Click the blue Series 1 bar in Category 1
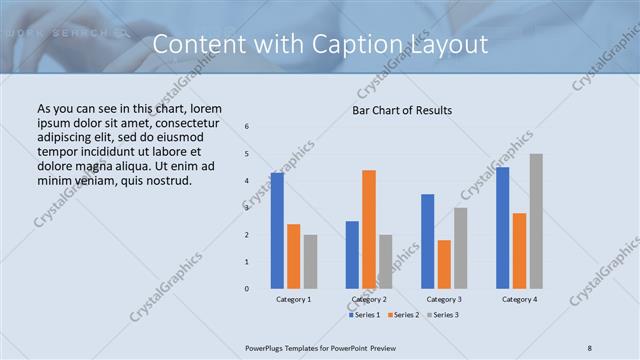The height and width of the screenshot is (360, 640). tap(277, 230)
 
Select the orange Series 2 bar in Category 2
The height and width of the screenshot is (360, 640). tap(369, 229)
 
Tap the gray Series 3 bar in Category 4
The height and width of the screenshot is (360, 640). tap(536, 221)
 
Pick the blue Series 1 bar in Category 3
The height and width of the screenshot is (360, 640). tap(428, 241)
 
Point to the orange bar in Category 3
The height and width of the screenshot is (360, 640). tap(444, 264)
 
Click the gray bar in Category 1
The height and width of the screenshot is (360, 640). tap(310, 261)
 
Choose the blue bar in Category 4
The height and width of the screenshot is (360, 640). tap(503, 227)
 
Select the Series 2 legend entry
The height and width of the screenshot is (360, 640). tap(403, 315)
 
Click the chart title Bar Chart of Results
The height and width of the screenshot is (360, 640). tap(402, 110)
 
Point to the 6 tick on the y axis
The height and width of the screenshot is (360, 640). tap(248, 126)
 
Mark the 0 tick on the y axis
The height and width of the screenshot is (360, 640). tap(248, 288)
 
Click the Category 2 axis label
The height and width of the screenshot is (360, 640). tap(369, 299)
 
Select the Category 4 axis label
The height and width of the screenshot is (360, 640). tap(519, 299)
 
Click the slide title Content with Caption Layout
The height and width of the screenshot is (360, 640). tap(321, 45)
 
